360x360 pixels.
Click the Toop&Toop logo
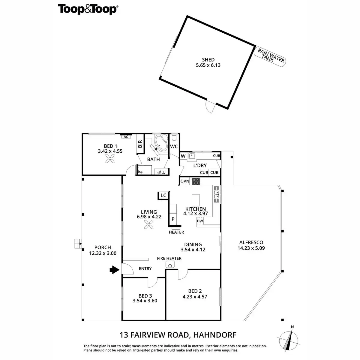pos(88,9)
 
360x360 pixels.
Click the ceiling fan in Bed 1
pos(110,159)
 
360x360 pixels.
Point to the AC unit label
pos(126,137)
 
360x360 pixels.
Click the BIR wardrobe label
pos(140,144)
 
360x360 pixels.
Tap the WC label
pos(174,147)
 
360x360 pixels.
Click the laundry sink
pos(192,155)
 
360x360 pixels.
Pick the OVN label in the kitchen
pos(185,181)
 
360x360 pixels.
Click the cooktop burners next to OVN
pos(196,181)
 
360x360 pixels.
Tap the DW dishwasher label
pos(200,221)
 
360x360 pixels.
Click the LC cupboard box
pos(163,196)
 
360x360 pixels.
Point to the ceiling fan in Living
pos(149,225)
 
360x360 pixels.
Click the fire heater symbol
pos(171,265)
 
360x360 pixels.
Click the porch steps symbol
pos(78,243)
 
